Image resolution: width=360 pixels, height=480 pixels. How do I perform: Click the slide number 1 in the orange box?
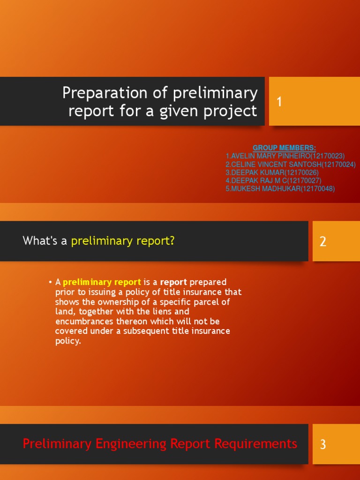click(x=279, y=102)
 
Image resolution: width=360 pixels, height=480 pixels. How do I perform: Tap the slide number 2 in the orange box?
click(x=323, y=241)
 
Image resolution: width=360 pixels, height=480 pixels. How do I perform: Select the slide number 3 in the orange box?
click(x=323, y=444)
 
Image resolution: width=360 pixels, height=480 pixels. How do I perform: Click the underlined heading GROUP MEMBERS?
click(x=284, y=148)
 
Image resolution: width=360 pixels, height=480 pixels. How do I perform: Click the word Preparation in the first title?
click(x=105, y=93)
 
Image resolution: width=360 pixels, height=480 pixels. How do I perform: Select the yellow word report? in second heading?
click(x=157, y=241)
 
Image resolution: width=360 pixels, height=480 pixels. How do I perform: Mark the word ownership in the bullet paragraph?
click(x=117, y=302)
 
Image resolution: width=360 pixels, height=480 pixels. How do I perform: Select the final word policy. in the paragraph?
click(x=68, y=341)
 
